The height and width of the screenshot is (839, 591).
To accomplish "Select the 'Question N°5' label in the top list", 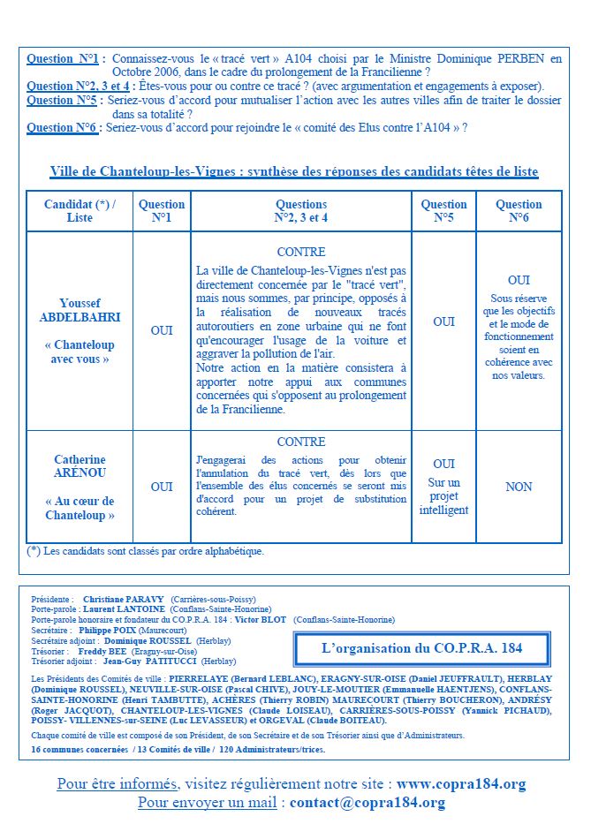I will click(x=62, y=101).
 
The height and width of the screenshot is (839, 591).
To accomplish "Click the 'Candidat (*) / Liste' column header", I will click(x=80, y=210).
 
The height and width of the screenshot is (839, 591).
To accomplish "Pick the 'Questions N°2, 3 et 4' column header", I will click(x=301, y=210).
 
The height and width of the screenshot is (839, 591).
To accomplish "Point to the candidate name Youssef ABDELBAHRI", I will click(x=80, y=309).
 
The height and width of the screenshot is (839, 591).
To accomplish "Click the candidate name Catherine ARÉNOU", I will click(x=80, y=466).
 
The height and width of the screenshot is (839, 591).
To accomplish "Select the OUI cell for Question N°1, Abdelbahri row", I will click(x=162, y=330).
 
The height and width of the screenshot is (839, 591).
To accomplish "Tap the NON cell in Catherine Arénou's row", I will click(x=519, y=487).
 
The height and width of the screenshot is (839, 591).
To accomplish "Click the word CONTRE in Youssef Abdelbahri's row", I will click(x=301, y=252).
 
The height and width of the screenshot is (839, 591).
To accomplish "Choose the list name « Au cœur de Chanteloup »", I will click(x=80, y=508).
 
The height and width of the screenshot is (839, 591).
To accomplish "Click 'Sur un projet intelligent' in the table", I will click(x=443, y=496).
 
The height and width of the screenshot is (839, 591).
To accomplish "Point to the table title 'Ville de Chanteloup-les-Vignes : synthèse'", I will click(x=294, y=172).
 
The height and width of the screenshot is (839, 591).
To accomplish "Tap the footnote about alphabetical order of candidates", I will click(x=146, y=551).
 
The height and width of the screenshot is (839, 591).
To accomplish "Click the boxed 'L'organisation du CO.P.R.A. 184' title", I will click(x=421, y=647).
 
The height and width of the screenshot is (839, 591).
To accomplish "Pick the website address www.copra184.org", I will click(x=461, y=783).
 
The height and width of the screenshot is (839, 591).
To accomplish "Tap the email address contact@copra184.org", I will click(x=367, y=802).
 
